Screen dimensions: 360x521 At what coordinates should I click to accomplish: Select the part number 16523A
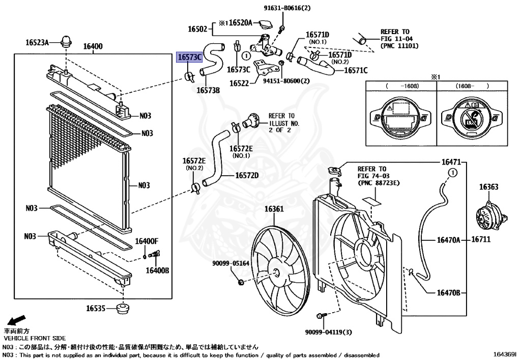37,42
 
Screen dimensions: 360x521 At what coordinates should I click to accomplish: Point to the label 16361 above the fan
274,209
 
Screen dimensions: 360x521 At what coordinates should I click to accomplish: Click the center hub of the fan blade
277,273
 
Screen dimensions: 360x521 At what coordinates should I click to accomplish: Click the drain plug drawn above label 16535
122,308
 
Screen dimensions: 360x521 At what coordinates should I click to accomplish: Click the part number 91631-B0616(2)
287,8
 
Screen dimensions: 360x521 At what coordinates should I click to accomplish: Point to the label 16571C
356,71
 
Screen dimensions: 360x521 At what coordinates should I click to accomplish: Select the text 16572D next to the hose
247,176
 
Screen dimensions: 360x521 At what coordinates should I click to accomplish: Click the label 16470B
448,293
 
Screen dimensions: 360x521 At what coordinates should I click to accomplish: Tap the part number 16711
480,239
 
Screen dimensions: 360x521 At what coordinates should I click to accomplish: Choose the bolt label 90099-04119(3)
329,331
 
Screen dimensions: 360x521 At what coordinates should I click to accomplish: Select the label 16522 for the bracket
239,82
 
